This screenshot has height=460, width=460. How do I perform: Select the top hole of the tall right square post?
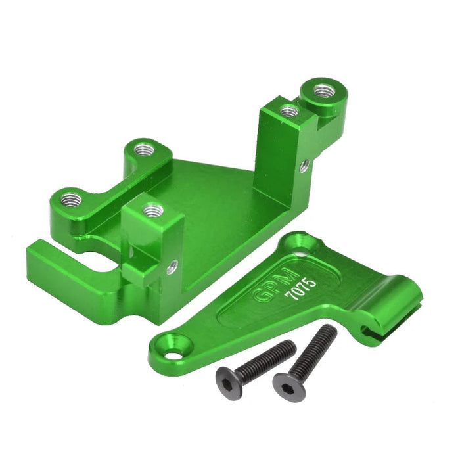(288, 110)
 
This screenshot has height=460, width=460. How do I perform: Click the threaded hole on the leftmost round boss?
(70, 198)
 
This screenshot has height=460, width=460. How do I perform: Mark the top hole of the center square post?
(153, 210)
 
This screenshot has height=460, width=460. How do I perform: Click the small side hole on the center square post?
(172, 266)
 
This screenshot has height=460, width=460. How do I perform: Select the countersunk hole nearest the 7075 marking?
(304, 248)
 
